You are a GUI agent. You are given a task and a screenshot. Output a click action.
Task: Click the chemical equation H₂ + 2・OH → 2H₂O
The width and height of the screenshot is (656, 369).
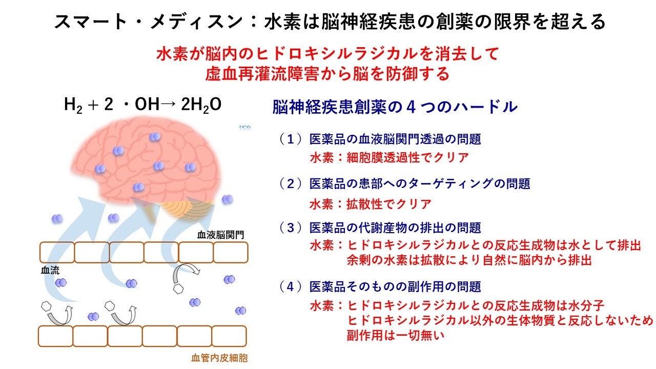(142, 105)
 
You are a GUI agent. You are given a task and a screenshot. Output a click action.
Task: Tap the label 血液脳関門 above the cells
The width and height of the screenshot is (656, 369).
(220, 235)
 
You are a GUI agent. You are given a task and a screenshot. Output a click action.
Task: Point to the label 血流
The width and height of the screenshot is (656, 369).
(49, 270)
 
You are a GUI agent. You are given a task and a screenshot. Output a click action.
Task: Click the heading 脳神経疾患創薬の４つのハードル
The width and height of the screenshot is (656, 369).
(395, 107)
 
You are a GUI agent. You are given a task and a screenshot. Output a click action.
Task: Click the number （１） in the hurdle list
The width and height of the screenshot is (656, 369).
(291, 138)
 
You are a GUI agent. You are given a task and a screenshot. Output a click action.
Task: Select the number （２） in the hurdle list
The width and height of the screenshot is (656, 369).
(291, 183)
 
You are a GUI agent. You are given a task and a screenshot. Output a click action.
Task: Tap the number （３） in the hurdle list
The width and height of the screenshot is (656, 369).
(291, 227)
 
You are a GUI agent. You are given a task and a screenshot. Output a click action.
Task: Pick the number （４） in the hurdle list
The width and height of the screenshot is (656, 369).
(291, 286)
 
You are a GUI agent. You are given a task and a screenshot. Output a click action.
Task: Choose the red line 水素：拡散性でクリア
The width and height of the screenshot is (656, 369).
(370, 203)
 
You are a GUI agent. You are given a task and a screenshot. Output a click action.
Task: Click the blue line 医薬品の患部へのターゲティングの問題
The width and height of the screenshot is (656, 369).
(419, 183)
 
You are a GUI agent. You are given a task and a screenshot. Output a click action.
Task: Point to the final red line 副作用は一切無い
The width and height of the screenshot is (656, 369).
(394, 336)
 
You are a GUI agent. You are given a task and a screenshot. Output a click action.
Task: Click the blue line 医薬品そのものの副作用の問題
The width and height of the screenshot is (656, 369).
(395, 286)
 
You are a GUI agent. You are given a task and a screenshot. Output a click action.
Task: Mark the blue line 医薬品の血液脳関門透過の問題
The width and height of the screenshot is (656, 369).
(395, 138)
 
